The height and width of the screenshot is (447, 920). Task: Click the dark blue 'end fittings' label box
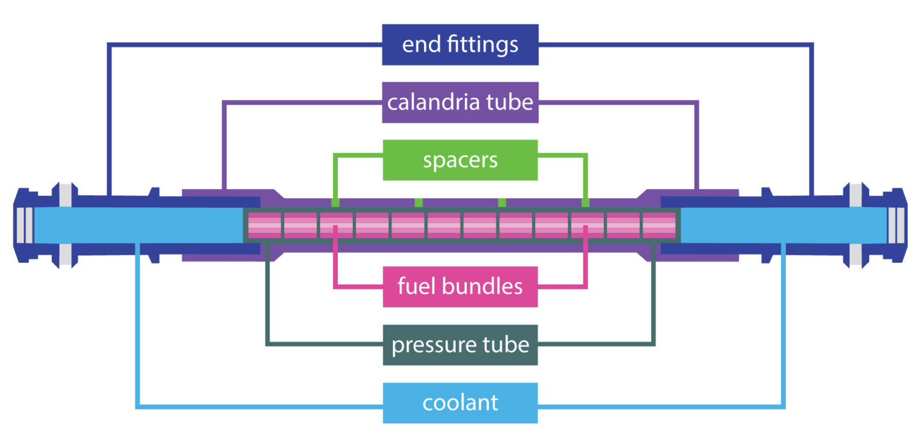coord(460,45)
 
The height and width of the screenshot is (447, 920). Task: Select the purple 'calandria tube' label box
coord(460,102)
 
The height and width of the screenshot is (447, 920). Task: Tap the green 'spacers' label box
coord(460,160)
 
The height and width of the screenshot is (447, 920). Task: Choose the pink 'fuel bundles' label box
coord(460,287)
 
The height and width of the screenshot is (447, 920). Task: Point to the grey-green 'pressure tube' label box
coord(460,345)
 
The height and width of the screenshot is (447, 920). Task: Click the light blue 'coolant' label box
coord(460,403)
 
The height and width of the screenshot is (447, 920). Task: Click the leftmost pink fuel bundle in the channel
coord(264,226)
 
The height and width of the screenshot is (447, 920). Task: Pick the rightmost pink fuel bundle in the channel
coord(659,226)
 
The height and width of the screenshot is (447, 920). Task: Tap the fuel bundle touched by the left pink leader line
coord(336,226)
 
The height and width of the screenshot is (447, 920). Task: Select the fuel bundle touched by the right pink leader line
coord(587,226)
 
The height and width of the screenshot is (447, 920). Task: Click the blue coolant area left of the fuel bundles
coord(138,226)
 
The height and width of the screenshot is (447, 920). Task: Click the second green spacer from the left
coord(419,202)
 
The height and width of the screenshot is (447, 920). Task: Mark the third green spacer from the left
coord(502,202)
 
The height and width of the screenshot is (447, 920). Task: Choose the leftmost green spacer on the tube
coord(335,202)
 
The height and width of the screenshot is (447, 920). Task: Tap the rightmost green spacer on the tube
coord(585,202)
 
